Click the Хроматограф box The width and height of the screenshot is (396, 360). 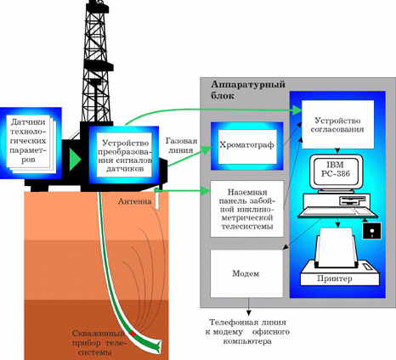(x=247, y=146)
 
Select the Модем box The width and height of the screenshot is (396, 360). (x=246, y=273)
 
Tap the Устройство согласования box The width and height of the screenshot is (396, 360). (x=337, y=125)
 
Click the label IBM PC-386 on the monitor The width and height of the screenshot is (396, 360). (x=336, y=169)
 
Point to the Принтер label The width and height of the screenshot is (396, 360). (x=335, y=278)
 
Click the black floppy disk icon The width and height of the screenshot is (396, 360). (x=371, y=231)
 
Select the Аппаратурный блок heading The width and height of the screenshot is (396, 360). (x=248, y=90)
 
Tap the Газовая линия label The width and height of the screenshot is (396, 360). (x=181, y=145)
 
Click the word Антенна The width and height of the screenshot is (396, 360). (x=134, y=201)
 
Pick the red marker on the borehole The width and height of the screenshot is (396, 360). (x=133, y=334)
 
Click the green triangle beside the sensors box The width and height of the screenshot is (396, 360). (x=75, y=160)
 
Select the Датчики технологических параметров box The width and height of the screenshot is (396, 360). (x=31, y=143)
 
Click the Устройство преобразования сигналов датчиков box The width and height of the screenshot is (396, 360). (x=123, y=155)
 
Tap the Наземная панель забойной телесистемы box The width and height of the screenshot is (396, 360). (x=246, y=209)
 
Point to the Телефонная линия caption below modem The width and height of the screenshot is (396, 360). (x=247, y=332)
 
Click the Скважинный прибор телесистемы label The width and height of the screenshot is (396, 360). (x=99, y=342)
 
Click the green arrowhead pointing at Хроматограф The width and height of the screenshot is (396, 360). (x=206, y=149)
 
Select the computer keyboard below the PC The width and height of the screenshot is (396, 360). (x=337, y=212)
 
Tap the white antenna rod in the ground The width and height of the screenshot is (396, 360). (x=157, y=199)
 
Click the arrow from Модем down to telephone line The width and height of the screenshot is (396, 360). (x=249, y=307)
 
